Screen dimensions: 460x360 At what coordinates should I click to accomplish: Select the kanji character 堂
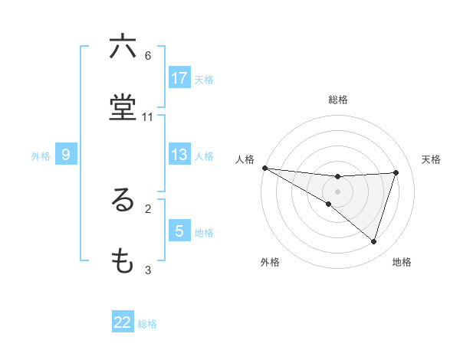123,108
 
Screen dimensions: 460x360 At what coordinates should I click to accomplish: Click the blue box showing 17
179,78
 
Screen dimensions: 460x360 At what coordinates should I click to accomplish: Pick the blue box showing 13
179,155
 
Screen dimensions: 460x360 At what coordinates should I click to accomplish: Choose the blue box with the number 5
179,231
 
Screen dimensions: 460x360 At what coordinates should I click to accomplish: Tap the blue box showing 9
66,155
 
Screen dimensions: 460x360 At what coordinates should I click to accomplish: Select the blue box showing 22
123,322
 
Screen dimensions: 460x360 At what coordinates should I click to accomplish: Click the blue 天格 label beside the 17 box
204,79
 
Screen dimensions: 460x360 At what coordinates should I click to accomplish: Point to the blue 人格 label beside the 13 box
204,155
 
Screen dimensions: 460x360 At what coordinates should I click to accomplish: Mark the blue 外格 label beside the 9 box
41,155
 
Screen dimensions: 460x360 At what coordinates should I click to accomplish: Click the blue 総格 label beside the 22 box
147,323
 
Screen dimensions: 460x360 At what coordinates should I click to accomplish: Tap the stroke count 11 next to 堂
148,116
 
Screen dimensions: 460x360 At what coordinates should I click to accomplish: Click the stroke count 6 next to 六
148,56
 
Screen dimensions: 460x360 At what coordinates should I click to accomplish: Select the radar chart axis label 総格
338,100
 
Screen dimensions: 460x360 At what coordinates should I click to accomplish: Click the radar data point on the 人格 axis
264,168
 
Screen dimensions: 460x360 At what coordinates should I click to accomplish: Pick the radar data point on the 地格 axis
373,241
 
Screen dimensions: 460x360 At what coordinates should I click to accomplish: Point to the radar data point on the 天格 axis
396,172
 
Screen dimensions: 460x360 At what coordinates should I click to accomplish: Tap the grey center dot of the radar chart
338,191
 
